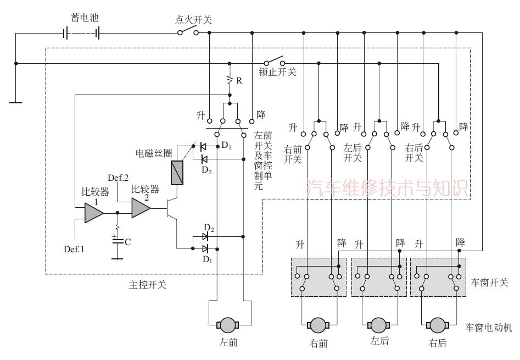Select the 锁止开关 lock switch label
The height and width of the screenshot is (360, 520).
coord(278,72)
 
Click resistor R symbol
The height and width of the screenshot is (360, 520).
coord(231,80)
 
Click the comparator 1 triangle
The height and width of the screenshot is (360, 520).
coord(93,212)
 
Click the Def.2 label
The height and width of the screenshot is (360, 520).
coord(118,178)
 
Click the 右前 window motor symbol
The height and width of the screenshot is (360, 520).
coord(318,325)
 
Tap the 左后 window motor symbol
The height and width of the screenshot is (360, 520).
coord(378,325)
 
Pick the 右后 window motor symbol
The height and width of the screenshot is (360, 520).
coord(438,325)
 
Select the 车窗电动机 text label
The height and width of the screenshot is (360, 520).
coord(489,328)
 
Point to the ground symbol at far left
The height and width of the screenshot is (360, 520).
coord(16,102)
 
